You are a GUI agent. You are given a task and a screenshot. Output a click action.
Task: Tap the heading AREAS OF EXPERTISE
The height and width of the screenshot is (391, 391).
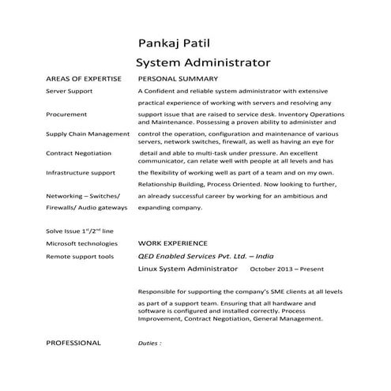coord(83,80)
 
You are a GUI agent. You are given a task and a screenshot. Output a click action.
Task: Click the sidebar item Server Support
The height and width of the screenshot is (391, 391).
coord(70,92)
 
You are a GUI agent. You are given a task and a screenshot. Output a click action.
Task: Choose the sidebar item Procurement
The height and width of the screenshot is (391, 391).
coord(66,115)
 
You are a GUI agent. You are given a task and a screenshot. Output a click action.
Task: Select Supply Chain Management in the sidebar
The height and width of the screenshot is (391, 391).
coord(88,133)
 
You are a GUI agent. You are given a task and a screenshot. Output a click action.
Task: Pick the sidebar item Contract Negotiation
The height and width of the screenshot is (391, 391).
coord(79,152)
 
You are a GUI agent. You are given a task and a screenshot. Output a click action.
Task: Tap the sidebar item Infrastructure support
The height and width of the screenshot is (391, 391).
coord(81,172)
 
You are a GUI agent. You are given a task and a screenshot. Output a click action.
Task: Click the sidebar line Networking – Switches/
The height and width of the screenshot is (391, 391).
coord(83,194)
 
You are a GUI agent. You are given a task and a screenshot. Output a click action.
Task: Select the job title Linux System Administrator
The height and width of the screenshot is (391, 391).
coord(186,270)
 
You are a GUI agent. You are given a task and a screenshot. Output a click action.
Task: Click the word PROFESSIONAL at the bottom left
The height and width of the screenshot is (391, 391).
coord(73,343)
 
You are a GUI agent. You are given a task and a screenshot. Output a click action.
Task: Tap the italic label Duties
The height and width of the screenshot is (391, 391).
coord(149,344)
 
